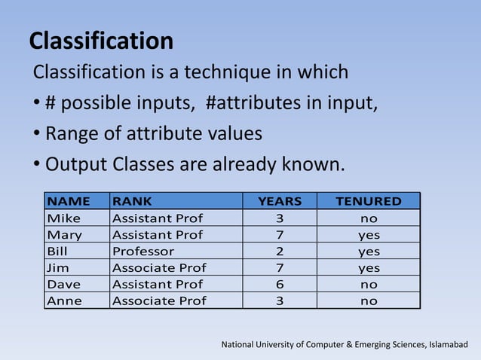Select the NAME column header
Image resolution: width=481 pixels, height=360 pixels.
tap(69, 201)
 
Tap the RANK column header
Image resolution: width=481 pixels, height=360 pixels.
tap(132, 201)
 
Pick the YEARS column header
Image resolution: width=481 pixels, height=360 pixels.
tap(280, 201)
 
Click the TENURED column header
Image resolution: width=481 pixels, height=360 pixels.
tap(368, 201)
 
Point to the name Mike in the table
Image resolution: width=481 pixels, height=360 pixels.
tap(63, 218)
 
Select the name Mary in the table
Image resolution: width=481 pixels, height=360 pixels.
tap(65, 235)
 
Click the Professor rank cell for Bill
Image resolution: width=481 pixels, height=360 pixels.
tap(143, 252)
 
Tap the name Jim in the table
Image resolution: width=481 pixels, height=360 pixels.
tap(58, 268)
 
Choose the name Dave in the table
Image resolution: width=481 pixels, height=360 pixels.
tap(64, 285)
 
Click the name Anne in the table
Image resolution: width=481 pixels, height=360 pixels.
tap(65, 301)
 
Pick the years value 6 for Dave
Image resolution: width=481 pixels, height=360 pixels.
tap(280, 285)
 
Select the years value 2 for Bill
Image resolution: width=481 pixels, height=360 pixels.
tap(280, 252)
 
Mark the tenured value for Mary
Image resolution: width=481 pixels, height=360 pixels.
tap(369, 235)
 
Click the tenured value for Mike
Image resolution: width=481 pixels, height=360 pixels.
tap(369, 218)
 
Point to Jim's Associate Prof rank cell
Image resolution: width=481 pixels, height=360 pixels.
tap(159, 268)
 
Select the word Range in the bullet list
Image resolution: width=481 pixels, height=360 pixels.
tap(71, 134)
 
